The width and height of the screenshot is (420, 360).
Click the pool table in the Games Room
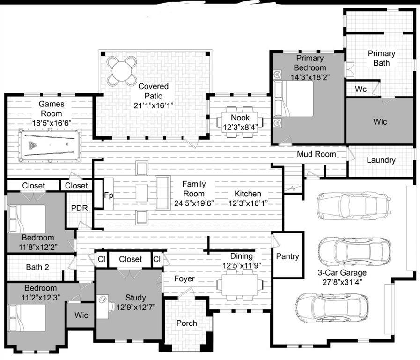click(x=50, y=145)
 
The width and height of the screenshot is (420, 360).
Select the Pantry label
click(x=287, y=256)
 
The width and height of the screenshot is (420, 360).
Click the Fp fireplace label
click(x=108, y=195)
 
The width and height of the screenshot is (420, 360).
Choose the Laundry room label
click(x=381, y=160)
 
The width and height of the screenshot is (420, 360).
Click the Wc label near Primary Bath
click(x=361, y=89)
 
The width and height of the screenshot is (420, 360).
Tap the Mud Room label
click(x=316, y=154)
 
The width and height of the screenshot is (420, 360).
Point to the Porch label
click(x=186, y=323)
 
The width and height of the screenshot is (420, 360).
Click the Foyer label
click(x=184, y=279)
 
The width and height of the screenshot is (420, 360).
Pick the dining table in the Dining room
click(x=239, y=285)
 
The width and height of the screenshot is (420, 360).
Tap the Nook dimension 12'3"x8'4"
click(x=240, y=127)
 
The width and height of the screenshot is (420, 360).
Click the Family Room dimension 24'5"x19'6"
click(x=194, y=203)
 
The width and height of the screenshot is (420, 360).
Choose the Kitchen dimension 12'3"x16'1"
click(x=248, y=203)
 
